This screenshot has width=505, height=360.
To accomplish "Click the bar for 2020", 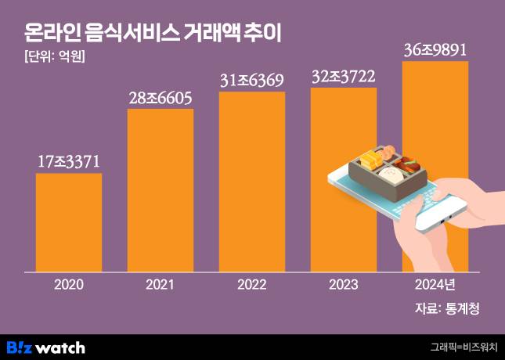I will (69, 222).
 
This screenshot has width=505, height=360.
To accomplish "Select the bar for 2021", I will (161, 190).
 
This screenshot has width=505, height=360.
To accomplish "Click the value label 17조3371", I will (69, 162).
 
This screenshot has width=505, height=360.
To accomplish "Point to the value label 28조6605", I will (161, 98).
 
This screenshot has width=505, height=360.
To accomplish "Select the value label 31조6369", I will (251, 81).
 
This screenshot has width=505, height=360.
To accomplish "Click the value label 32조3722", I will (343, 77).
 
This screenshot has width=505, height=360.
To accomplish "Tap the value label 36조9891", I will (435, 50).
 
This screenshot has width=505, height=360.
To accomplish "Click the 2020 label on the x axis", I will (69, 284).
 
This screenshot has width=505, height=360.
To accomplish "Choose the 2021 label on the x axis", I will (161, 284).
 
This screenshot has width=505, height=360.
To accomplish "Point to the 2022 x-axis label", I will (251, 284).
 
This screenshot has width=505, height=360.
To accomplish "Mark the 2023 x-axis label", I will (343, 284).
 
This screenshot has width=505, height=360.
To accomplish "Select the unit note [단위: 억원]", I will (49, 57).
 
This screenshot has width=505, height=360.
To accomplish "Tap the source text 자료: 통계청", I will (446, 308).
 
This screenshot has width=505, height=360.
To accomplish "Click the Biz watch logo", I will (45, 347).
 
